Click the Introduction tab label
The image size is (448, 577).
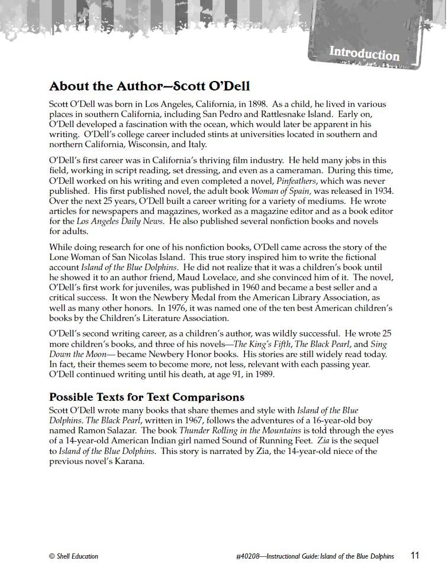point(364,54)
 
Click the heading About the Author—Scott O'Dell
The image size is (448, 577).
point(150,86)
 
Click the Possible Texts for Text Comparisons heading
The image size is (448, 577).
point(147,397)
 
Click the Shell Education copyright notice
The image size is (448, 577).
point(73,556)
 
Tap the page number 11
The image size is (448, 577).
point(415,556)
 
